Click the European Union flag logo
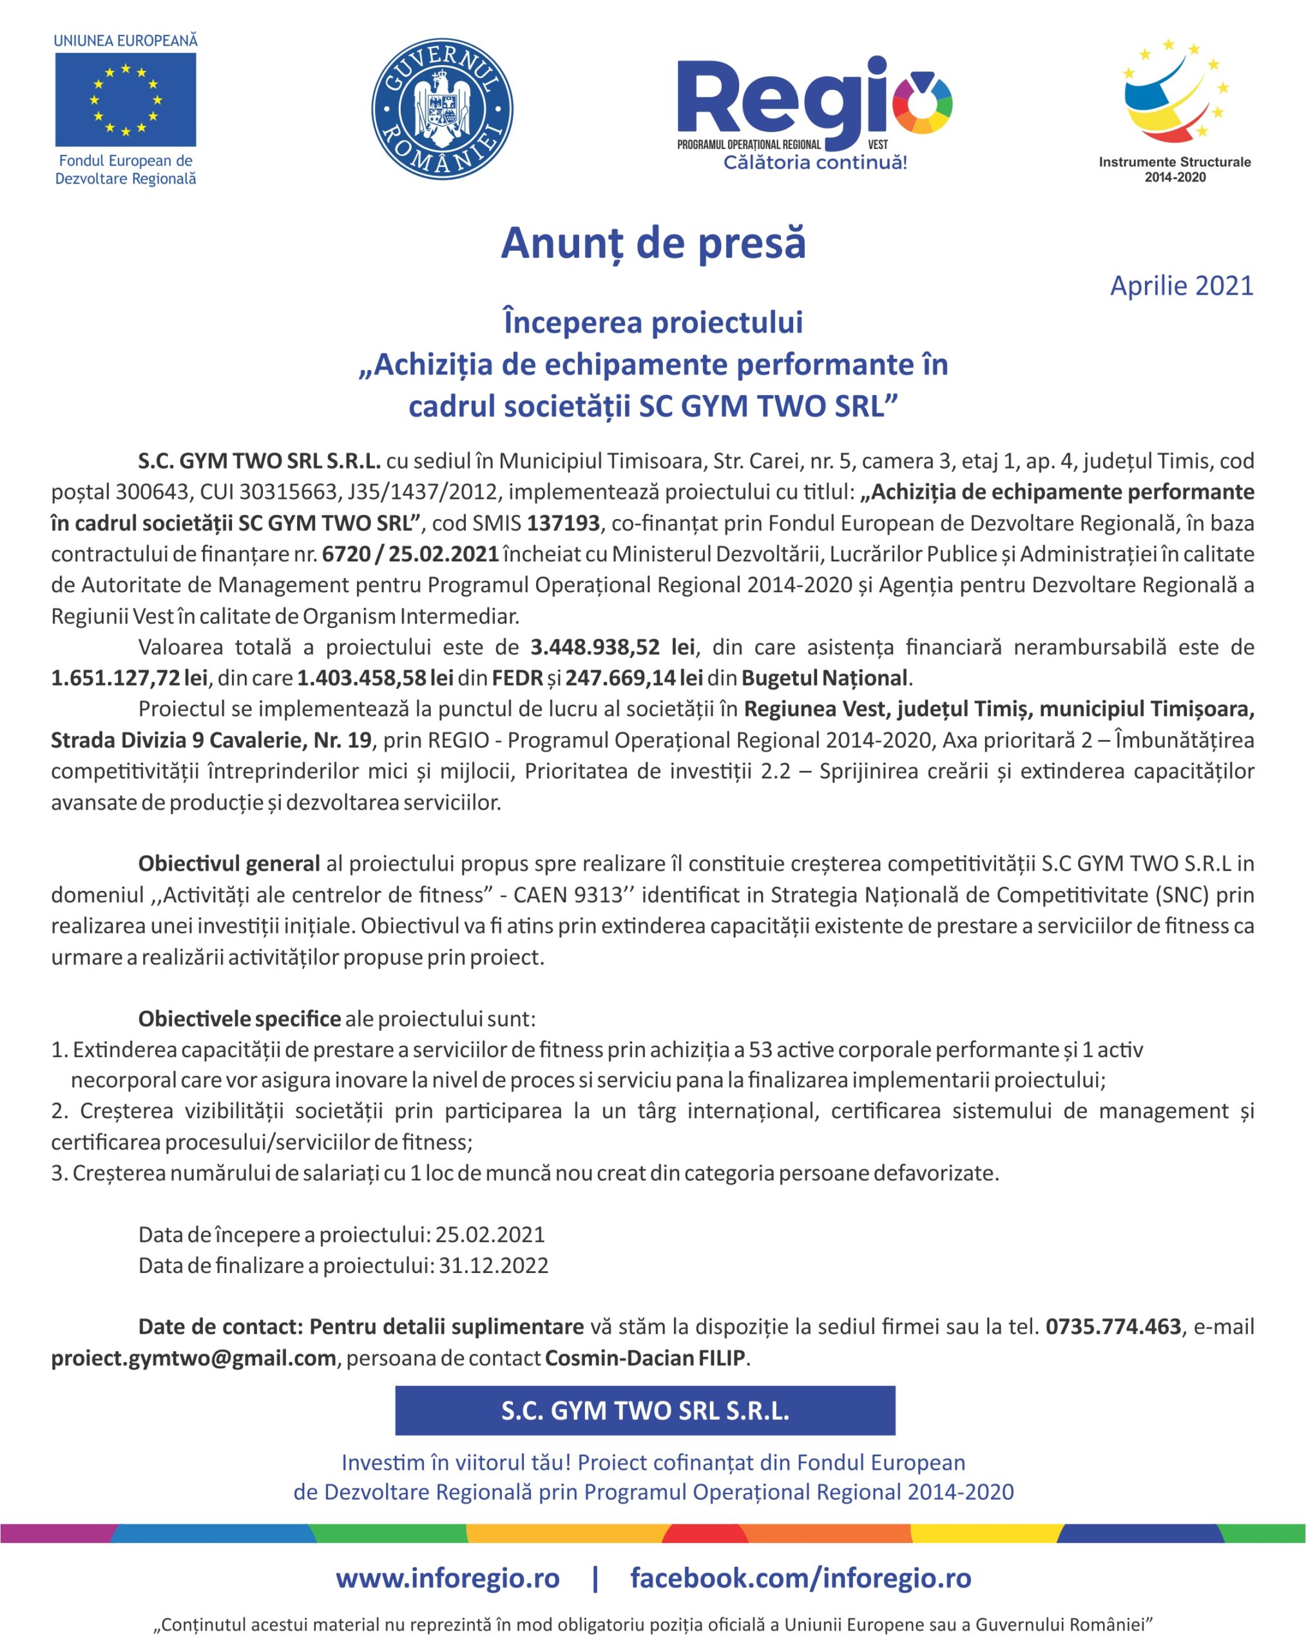click(x=126, y=99)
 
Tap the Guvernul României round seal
click(x=442, y=110)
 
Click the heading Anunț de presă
click(x=653, y=243)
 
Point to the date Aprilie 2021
click(x=1182, y=286)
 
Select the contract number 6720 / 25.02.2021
click(x=410, y=554)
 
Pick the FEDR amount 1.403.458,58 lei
click(x=376, y=679)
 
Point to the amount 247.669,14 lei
click(x=634, y=679)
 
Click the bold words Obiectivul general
click(x=229, y=864)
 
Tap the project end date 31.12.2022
click(x=493, y=1266)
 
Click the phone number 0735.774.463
click(x=1113, y=1327)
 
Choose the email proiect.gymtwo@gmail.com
click(x=193, y=1359)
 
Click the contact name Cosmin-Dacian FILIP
click(x=644, y=1359)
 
